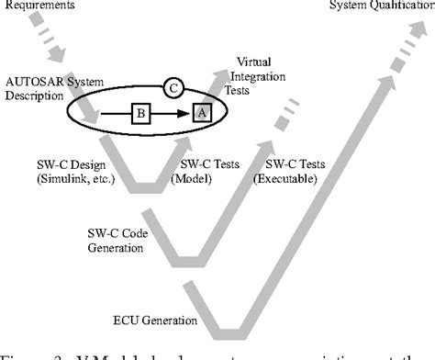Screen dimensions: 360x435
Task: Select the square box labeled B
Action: (x=140, y=113)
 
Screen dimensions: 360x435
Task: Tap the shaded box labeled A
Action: (x=200, y=113)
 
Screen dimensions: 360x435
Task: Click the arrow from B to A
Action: (x=171, y=113)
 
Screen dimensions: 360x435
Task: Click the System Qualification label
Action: (x=381, y=7)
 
